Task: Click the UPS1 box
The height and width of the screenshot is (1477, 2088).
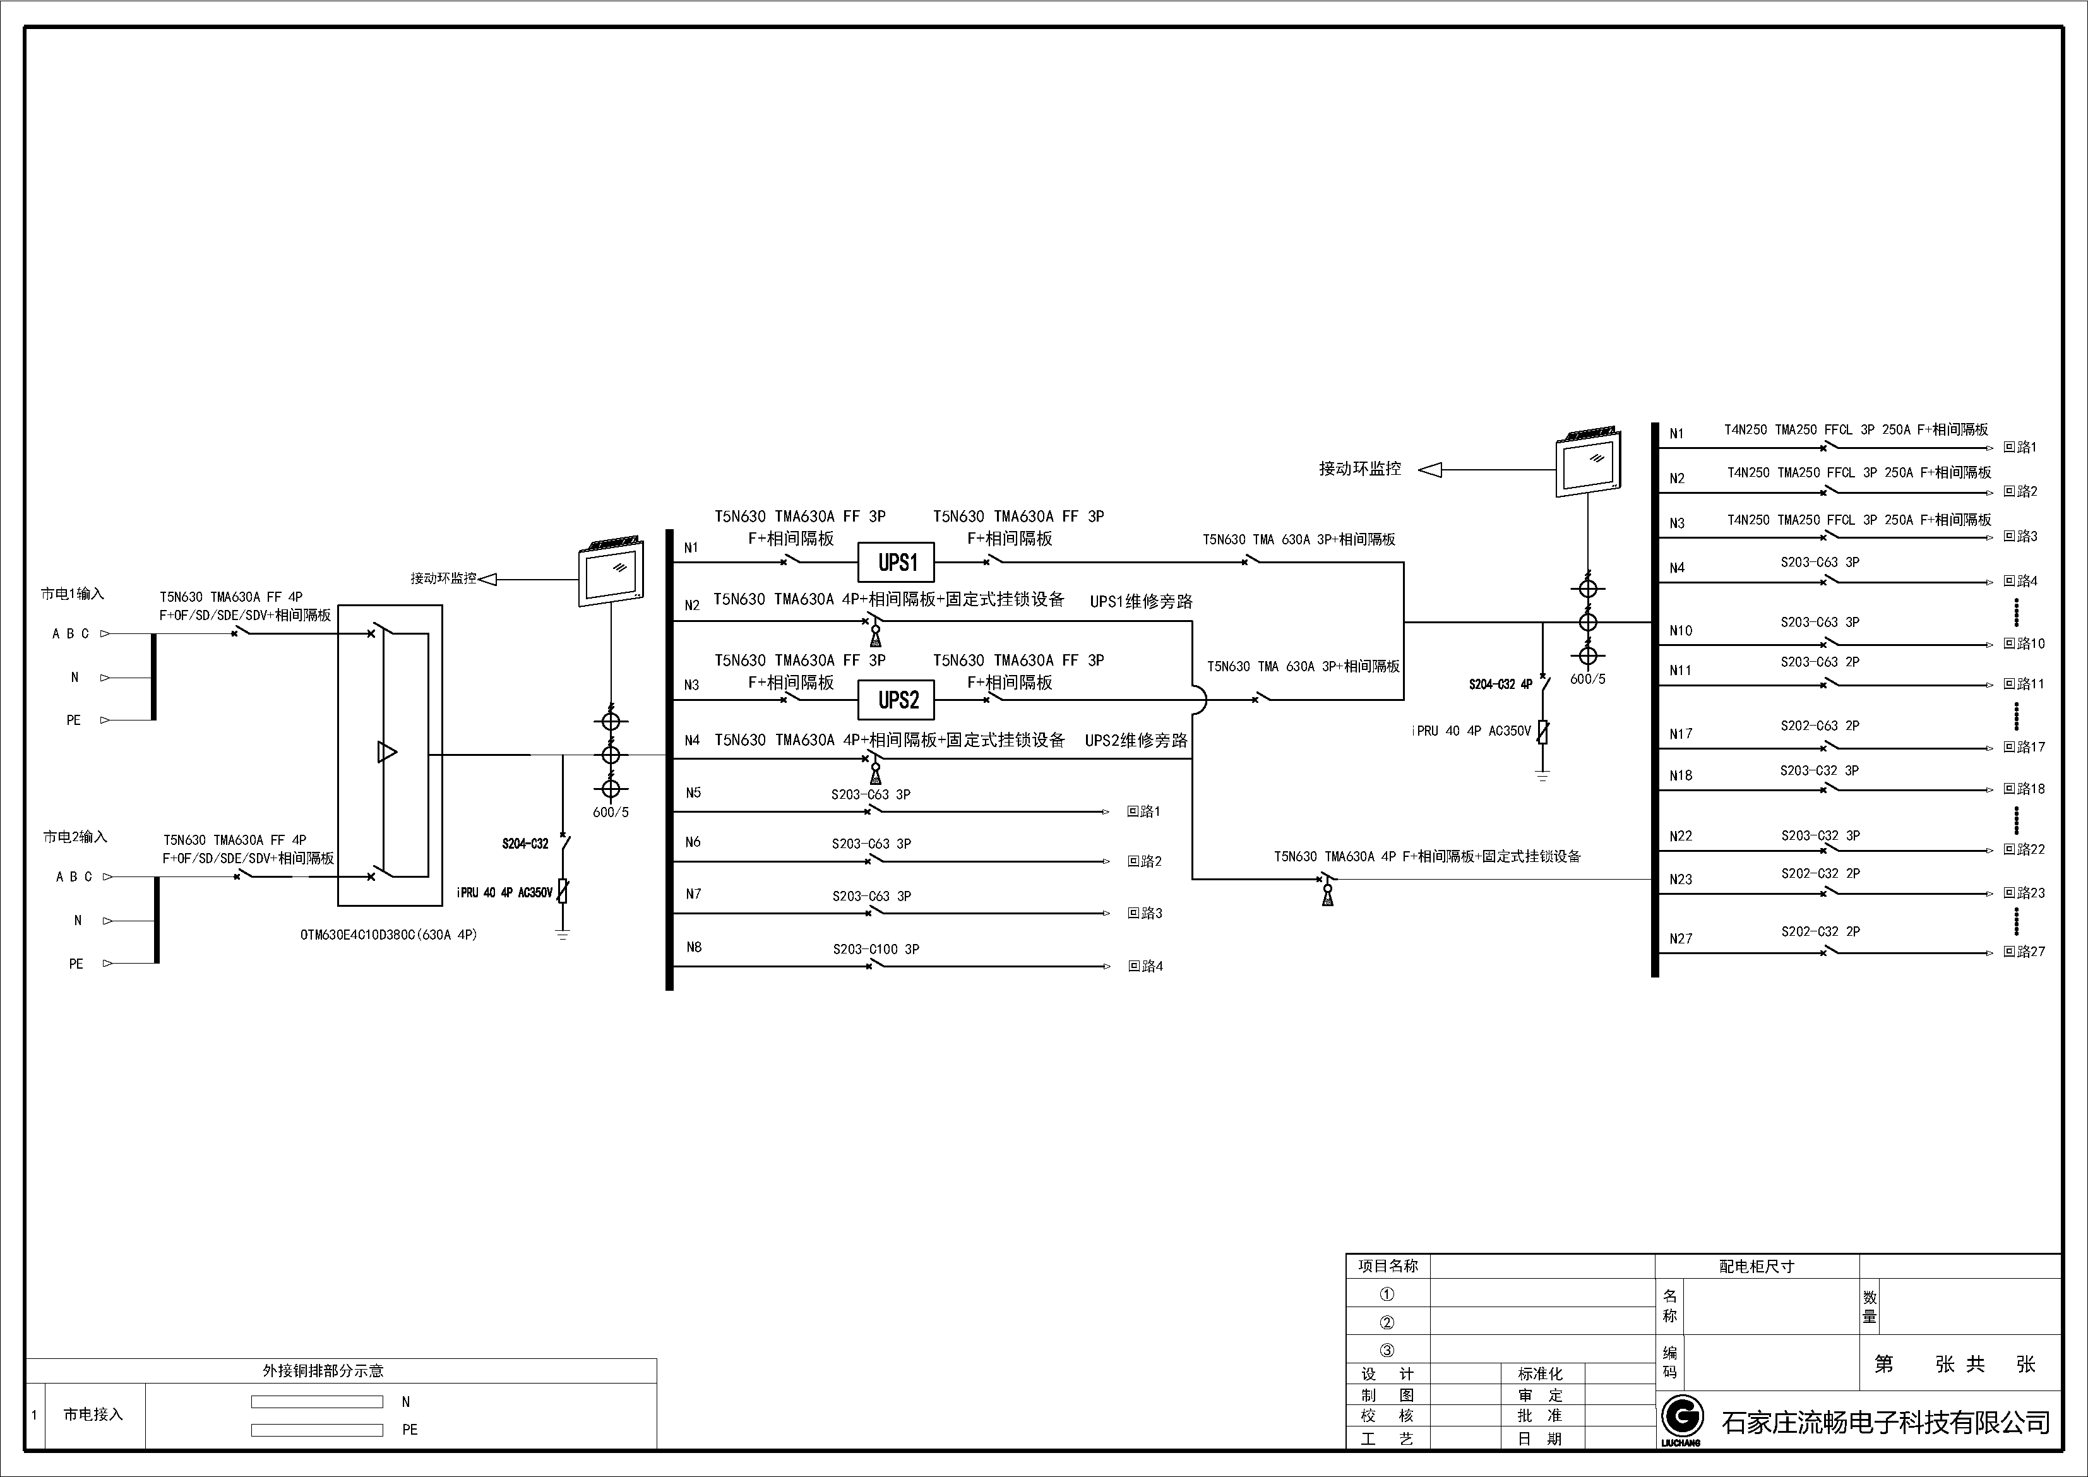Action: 897,563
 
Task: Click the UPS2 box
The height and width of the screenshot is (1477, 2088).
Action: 897,700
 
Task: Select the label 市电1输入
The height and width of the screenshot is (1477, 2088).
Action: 73,594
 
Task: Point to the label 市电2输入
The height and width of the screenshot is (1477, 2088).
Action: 76,837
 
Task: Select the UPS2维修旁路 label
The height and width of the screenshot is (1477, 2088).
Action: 1136,740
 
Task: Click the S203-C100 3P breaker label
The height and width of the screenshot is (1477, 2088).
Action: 876,948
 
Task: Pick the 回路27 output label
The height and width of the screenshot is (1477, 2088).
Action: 2024,952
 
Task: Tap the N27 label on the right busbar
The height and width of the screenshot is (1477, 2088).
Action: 1681,938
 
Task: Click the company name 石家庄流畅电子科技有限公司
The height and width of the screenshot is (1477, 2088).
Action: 1885,1421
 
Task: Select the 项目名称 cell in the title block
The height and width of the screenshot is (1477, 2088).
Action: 1388,1266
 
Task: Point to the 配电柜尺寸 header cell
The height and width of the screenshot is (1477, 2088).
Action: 1756,1266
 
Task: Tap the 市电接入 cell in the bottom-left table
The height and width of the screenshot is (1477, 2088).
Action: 93,1414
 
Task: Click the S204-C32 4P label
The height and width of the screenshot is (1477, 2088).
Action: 1501,684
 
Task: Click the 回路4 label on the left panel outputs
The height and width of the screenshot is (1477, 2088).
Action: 1145,966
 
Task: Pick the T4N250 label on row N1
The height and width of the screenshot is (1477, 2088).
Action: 1746,429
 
